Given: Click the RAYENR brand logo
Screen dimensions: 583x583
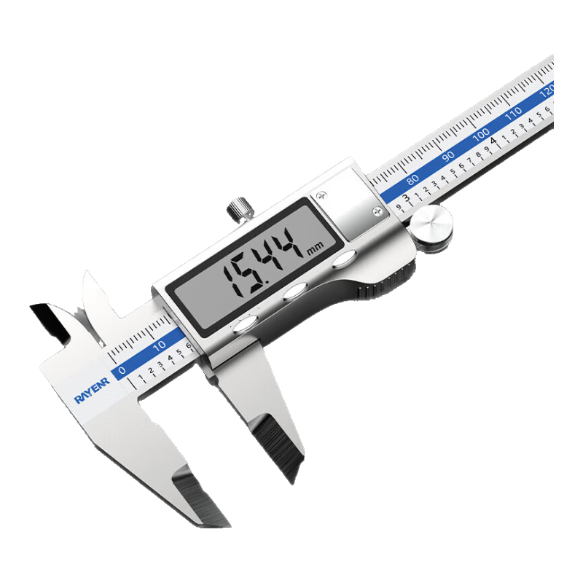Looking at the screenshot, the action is pos(93,391).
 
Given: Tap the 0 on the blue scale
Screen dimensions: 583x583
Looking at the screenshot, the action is pos(122,370).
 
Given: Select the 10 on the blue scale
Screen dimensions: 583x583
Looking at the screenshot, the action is pos(160,345).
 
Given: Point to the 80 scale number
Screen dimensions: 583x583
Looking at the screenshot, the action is pos(412,179).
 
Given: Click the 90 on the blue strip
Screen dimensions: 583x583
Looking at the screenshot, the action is pos(448,156).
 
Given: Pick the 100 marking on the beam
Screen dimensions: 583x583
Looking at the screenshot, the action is pos(481,134).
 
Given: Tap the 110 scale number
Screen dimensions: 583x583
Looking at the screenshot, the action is pos(513,113).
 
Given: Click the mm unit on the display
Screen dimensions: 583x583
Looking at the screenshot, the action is pos(316,248).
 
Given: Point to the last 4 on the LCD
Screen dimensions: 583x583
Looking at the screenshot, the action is pos(294,243).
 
